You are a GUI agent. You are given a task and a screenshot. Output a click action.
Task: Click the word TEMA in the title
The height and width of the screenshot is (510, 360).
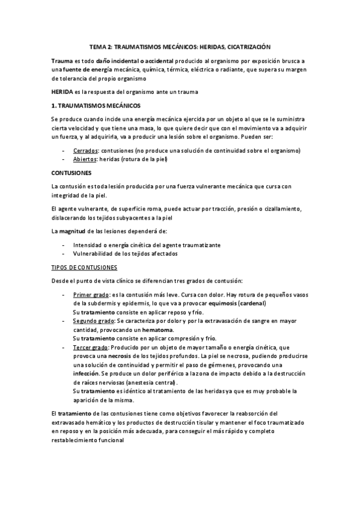tap(97, 46)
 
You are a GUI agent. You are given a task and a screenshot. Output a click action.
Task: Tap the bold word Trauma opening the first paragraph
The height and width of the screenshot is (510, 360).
tap(63, 61)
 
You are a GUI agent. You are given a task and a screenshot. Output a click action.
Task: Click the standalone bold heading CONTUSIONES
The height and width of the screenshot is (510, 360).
tap(71, 172)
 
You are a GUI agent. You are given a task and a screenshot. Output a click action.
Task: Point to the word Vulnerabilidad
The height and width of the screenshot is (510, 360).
tap(94, 253)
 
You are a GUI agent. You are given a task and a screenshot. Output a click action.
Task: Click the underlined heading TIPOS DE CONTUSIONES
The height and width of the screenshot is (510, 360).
tap(85, 266)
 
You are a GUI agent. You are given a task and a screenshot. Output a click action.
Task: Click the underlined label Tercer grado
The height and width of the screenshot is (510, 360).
tap(90, 348)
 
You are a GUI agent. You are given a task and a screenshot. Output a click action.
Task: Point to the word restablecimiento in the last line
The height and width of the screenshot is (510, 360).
tap(78, 440)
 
